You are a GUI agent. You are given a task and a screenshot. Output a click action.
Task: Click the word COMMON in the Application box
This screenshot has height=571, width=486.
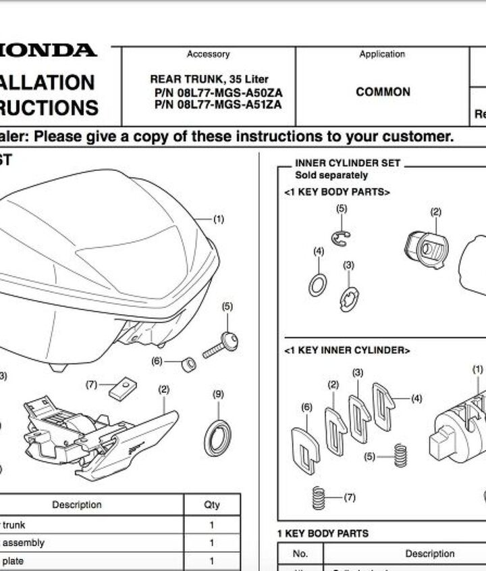click(x=383, y=92)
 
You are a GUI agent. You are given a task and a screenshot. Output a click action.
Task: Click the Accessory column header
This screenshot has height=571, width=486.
click(x=208, y=55)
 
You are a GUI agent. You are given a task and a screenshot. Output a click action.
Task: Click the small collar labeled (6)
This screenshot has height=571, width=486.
click(x=190, y=365)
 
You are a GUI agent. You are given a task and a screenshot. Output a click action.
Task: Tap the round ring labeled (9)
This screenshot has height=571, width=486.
click(x=217, y=437)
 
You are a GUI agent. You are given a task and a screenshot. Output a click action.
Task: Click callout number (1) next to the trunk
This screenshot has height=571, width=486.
click(x=219, y=220)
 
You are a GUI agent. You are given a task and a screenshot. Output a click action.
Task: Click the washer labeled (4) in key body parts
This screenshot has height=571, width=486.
click(x=318, y=284)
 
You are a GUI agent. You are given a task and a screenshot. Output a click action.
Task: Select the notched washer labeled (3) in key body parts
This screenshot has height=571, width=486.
click(x=349, y=298)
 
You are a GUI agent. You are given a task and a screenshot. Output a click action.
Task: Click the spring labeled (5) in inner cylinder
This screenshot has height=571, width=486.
click(x=401, y=455)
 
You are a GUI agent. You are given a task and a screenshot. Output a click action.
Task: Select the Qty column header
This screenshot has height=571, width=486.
click(x=212, y=505)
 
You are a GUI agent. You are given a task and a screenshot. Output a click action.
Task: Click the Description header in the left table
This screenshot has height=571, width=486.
click(x=77, y=505)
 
